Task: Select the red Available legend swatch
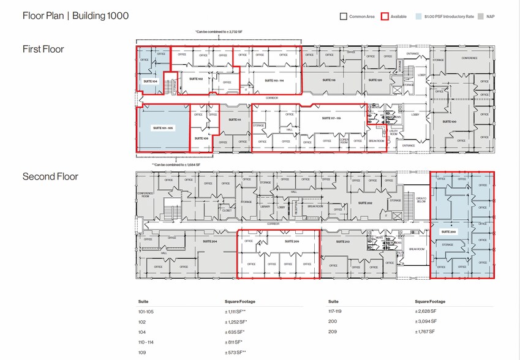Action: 385,17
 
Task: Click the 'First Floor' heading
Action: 43,49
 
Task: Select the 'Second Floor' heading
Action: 50,177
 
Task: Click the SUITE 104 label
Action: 151,81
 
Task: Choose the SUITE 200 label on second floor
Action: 448,233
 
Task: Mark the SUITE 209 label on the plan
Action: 291,241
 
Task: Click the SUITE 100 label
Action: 449,122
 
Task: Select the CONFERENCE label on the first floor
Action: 469,58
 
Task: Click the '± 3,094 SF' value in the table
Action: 425,321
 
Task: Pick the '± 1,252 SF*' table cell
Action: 235,321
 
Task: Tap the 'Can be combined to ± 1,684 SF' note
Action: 176,165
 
